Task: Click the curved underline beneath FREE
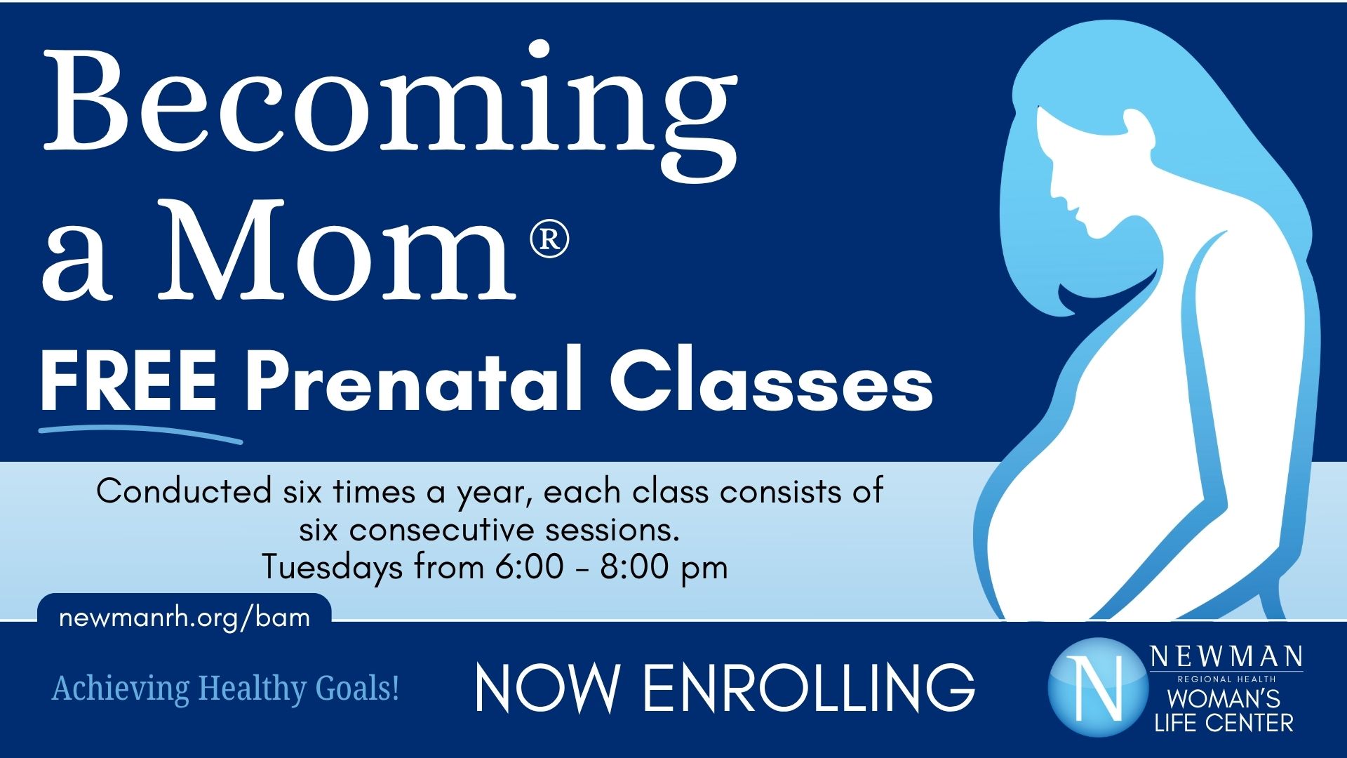point(140,433)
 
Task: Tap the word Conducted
point(184,491)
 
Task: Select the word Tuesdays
point(333,566)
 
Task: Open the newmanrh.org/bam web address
point(185,618)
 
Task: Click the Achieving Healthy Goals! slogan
point(226,688)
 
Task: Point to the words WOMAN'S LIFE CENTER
point(1224,710)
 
